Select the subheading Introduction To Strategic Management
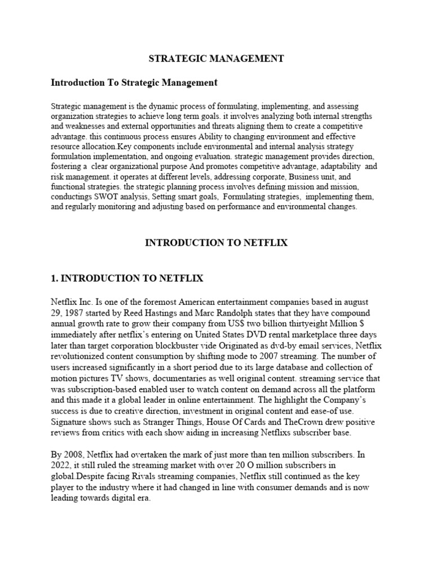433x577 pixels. click(x=134, y=82)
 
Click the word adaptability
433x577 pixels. click(x=330, y=167)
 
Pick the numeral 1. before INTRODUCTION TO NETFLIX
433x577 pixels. click(x=55, y=278)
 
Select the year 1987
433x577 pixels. click(x=75, y=313)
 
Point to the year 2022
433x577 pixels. click(x=62, y=465)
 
